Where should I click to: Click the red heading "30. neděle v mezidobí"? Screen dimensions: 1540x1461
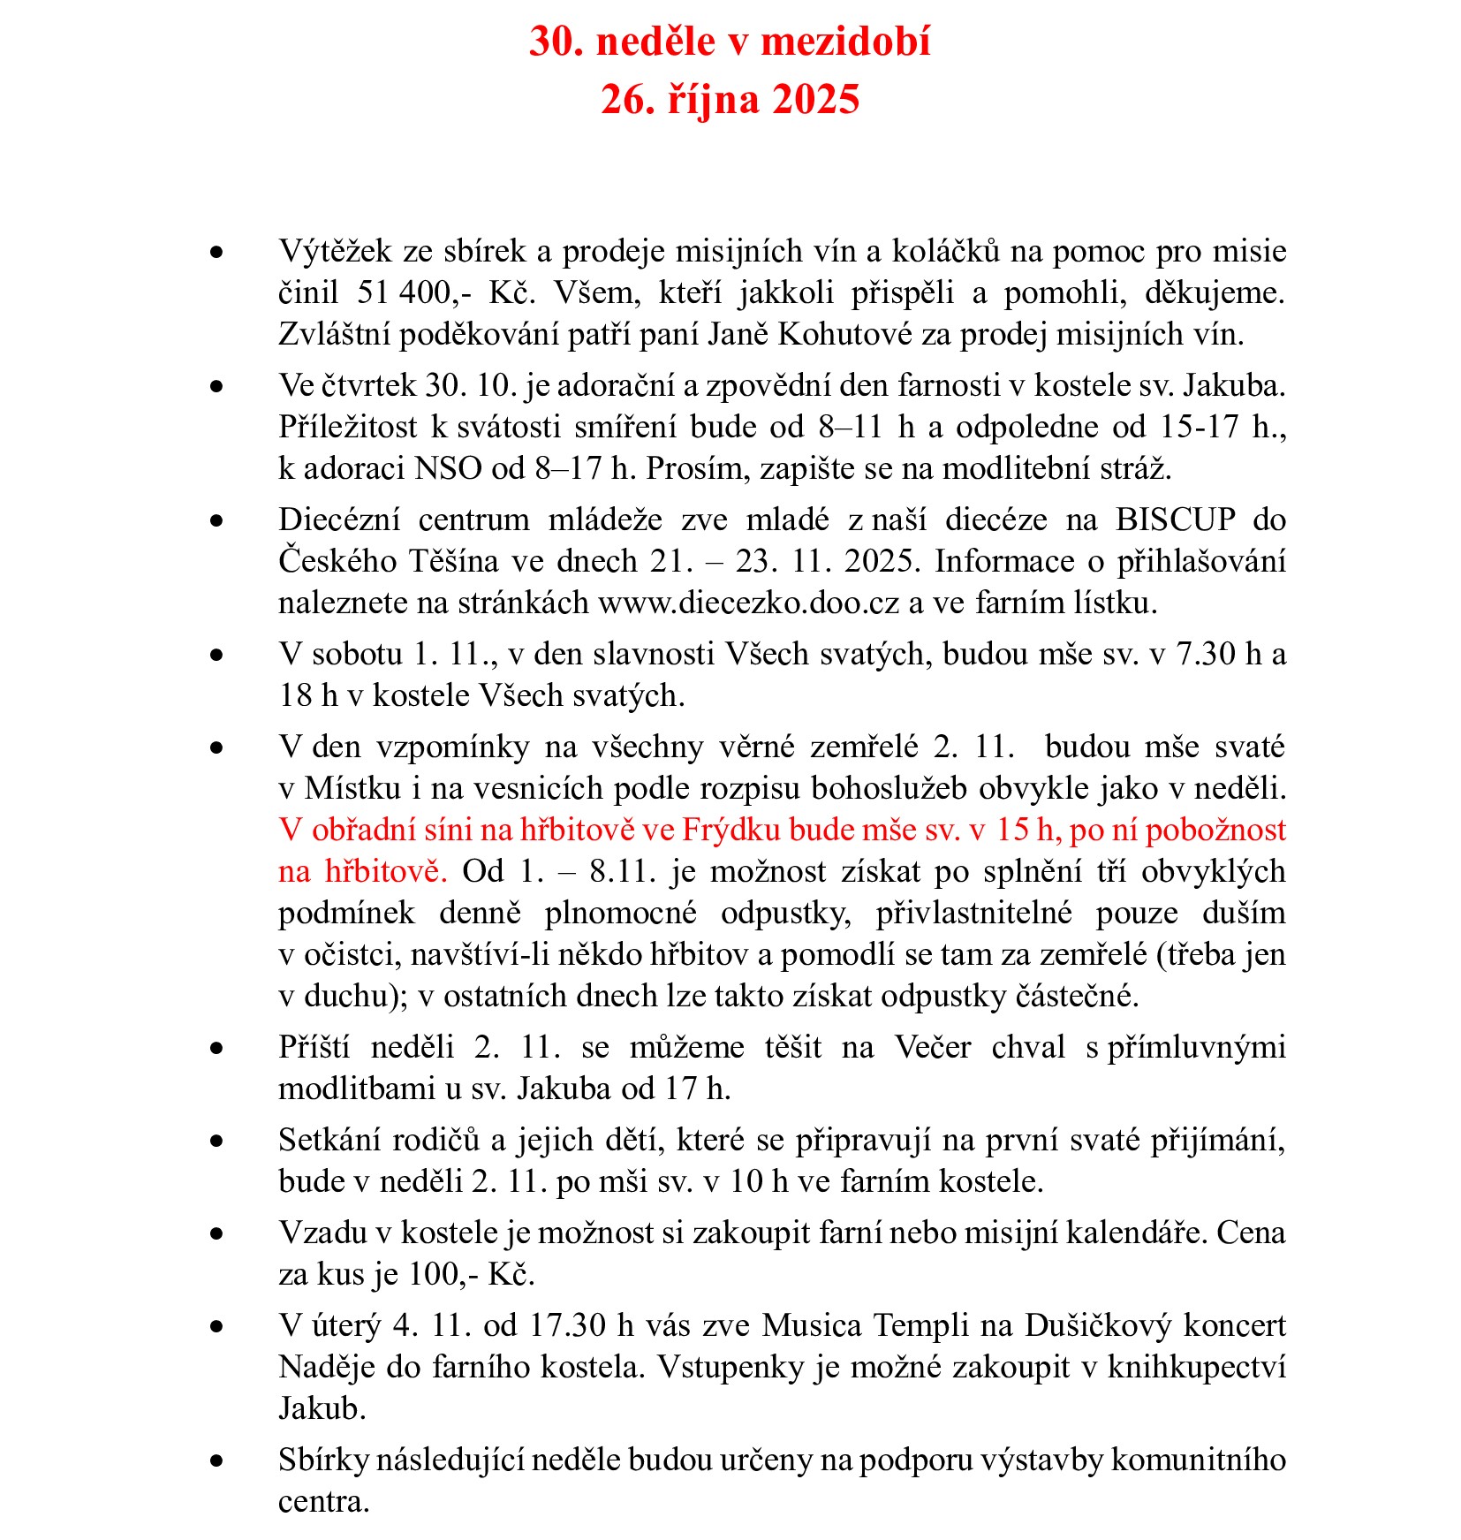coord(730,42)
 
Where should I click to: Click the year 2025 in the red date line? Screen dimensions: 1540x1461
coord(815,99)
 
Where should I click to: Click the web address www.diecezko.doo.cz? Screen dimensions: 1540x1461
coord(749,603)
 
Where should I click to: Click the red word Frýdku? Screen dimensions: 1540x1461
coord(732,830)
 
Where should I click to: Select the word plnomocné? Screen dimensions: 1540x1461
coord(620,913)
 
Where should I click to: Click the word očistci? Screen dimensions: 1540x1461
coord(352,954)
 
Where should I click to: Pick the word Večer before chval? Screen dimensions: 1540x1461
coord(933,1047)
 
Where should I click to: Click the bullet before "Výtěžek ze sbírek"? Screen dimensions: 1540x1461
coord(216,253)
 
